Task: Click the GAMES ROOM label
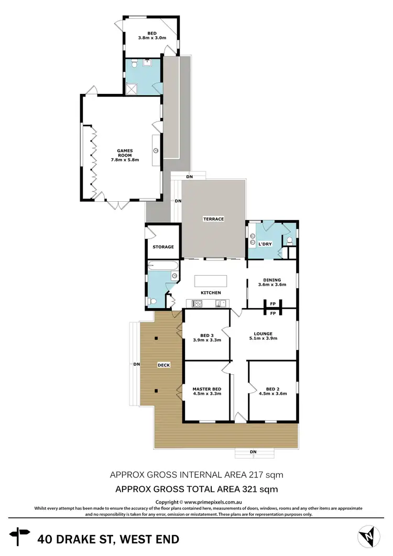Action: [125, 155]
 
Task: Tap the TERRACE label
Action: [214, 219]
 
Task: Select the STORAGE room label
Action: [163, 247]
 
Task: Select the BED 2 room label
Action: [272, 390]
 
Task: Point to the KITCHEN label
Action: [210, 292]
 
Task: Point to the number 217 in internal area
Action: [258, 475]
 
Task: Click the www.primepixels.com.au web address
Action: [213, 502]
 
